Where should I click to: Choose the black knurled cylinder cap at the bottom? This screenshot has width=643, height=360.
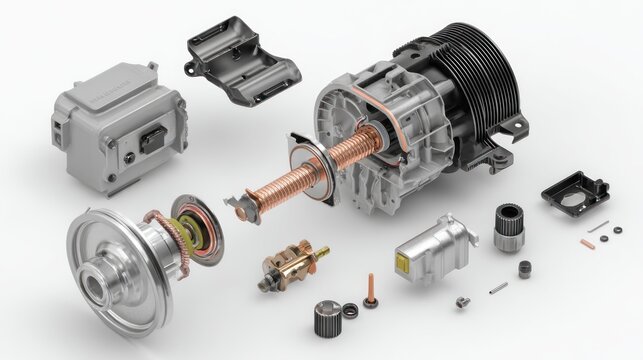tap(324, 318)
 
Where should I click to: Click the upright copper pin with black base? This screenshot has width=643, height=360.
tap(371, 291)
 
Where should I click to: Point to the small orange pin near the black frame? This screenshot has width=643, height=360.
tap(587, 242)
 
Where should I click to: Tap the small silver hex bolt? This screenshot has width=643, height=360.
tap(462, 302)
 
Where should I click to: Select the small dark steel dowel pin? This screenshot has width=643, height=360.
tap(498, 287)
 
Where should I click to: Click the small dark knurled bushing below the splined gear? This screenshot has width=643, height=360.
tap(524, 268)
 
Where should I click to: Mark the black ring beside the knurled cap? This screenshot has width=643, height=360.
tap(350, 310)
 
